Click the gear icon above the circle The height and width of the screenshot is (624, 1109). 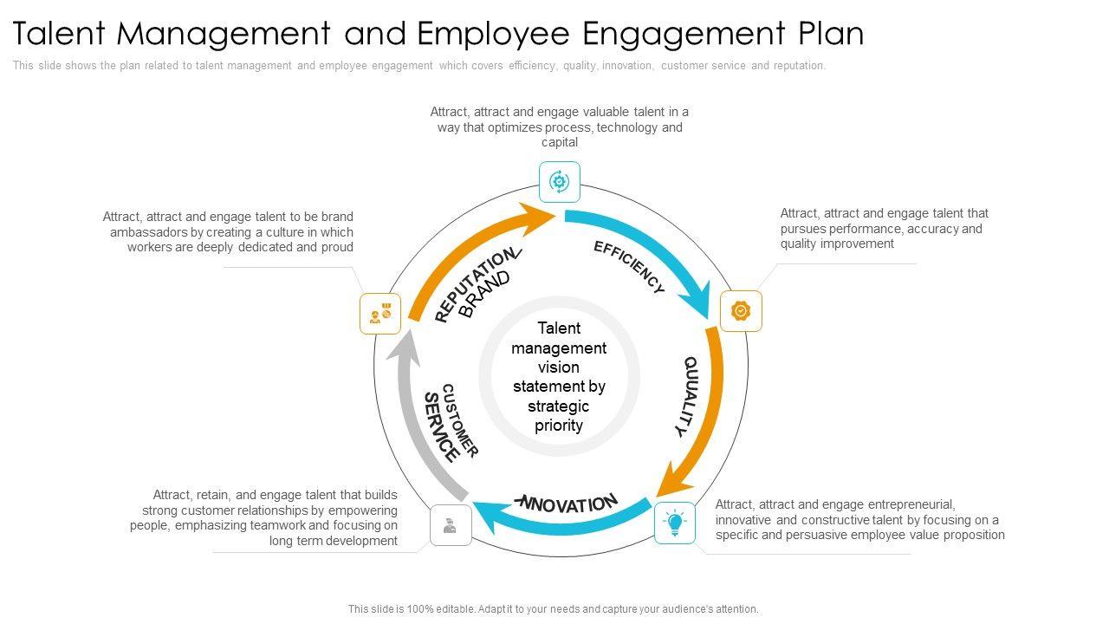click(x=559, y=182)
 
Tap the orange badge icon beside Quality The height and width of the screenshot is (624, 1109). click(x=741, y=310)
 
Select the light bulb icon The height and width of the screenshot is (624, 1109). click(x=675, y=523)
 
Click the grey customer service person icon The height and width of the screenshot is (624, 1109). click(x=451, y=525)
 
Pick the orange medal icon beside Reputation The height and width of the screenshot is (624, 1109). click(x=380, y=314)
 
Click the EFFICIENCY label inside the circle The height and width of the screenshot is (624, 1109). click(x=630, y=267)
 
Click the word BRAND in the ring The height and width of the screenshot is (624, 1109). click(x=485, y=295)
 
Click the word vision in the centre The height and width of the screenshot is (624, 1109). click(x=559, y=367)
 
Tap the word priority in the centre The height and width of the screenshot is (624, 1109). click(x=559, y=426)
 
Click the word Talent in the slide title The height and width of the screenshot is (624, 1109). click(x=60, y=34)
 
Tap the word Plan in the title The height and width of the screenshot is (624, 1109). click(x=831, y=34)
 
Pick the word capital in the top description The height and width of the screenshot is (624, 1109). click(x=560, y=142)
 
